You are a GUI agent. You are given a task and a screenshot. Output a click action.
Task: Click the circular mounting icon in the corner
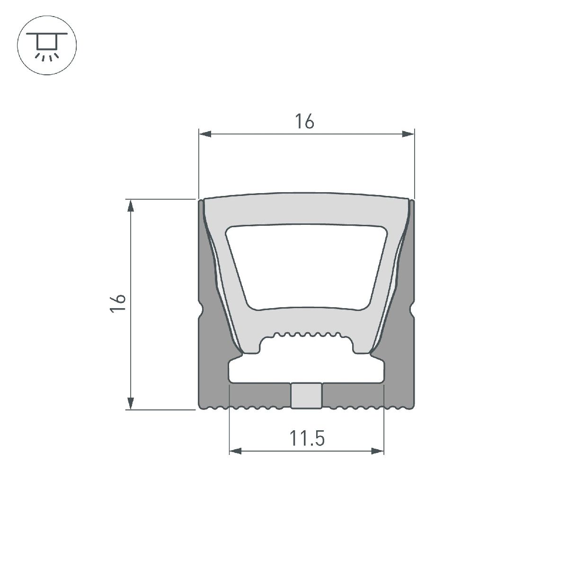(46, 46)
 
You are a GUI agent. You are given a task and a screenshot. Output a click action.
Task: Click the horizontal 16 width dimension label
(305, 122)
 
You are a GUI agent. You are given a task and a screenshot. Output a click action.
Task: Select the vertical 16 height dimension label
(118, 303)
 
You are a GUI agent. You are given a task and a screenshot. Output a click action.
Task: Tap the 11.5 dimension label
(307, 439)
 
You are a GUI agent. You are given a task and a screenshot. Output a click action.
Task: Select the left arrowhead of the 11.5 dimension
(235, 451)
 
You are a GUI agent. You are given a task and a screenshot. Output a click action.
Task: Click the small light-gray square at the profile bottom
(306, 395)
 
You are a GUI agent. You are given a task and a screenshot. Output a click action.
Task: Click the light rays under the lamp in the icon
(46, 57)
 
